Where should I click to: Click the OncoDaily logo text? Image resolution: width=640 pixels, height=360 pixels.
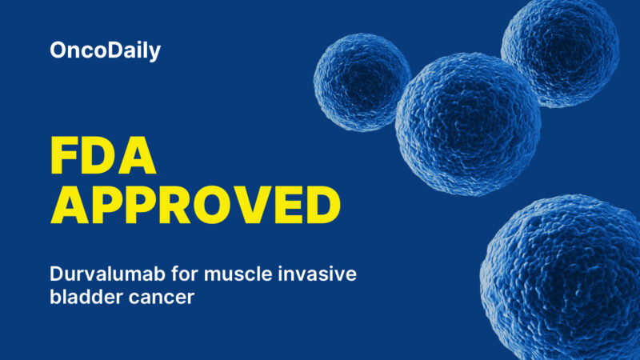(105, 51)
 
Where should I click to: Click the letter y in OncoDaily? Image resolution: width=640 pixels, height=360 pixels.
(155, 54)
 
